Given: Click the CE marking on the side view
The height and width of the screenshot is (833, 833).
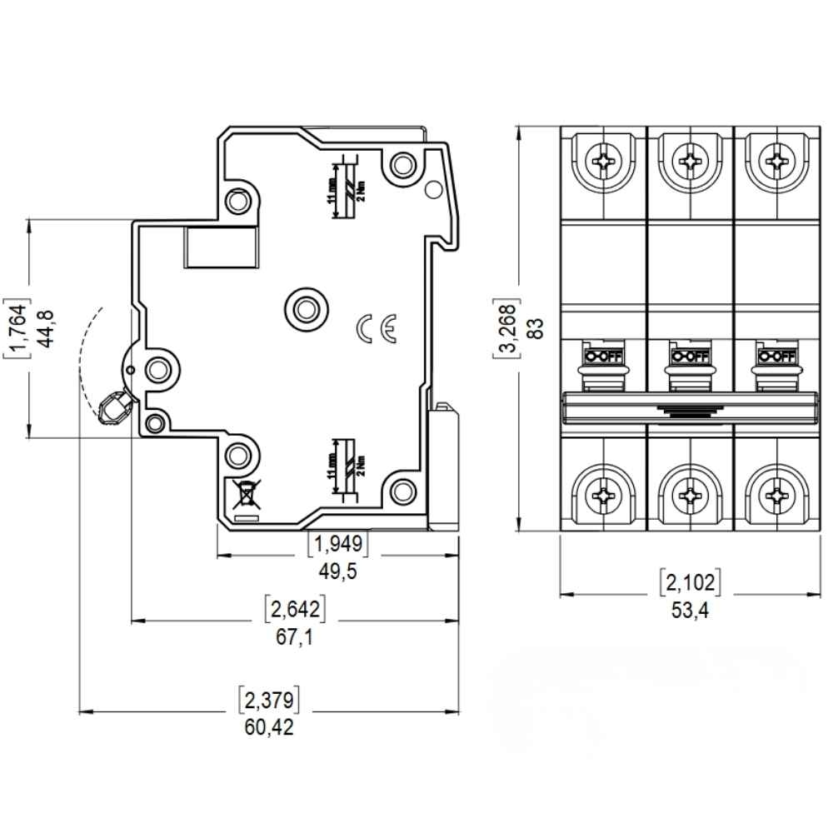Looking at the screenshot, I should (377, 330).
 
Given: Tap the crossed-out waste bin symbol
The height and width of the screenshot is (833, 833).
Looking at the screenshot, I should (247, 496).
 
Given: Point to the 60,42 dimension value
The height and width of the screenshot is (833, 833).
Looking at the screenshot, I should (269, 727).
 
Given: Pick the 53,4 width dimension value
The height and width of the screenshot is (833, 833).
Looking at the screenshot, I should (690, 611).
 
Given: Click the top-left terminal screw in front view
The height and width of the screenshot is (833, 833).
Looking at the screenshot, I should (603, 157).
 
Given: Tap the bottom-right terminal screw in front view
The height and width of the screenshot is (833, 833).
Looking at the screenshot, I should (776, 496).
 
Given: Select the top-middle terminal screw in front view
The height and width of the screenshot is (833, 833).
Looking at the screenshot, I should (690, 157).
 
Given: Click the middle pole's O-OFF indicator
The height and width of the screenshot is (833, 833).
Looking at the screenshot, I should (689, 357).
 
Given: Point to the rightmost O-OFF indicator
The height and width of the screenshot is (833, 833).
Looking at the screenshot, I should (776, 357).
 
